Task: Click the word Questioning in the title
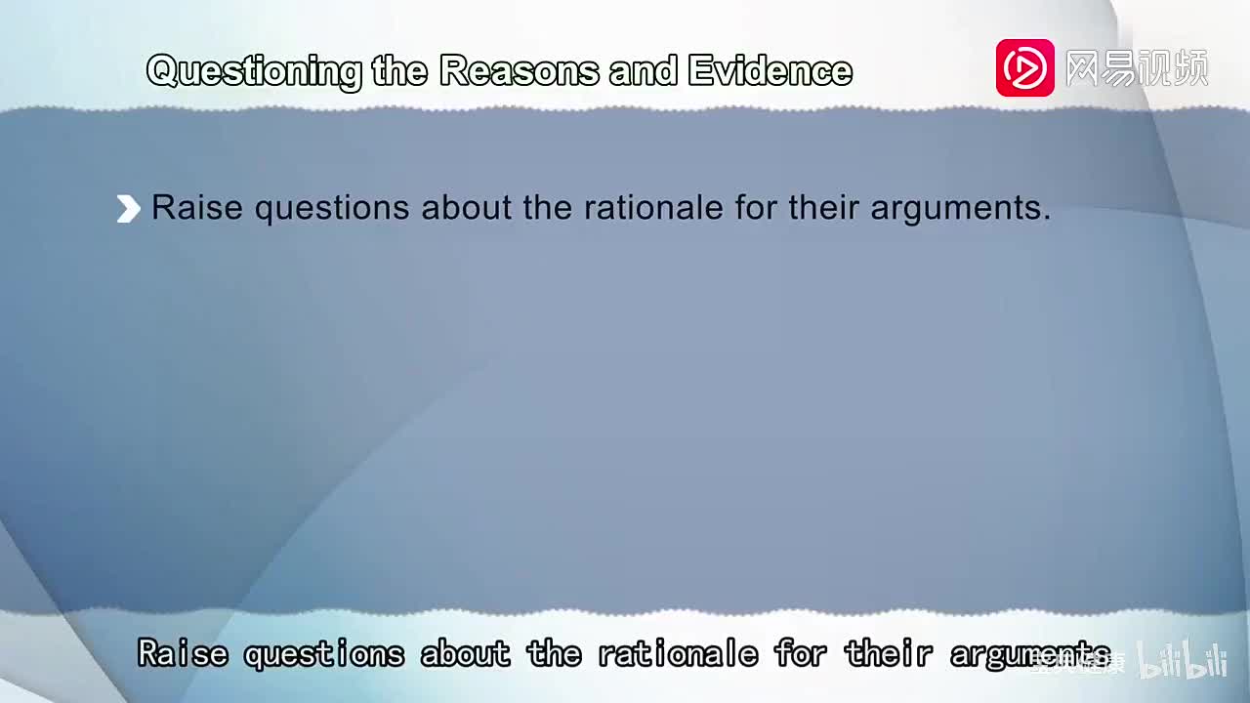(x=254, y=71)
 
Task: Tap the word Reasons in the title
(x=520, y=71)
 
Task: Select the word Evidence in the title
(x=770, y=71)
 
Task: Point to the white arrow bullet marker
(x=128, y=209)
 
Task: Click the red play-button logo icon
(x=1024, y=68)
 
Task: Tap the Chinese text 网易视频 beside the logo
(x=1137, y=68)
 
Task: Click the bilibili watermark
(x=1183, y=661)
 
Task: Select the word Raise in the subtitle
(x=183, y=653)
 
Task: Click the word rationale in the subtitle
(x=678, y=653)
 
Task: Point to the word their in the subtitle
(x=887, y=653)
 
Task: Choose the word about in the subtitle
(x=465, y=653)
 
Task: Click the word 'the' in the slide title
(x=399, y=71)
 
